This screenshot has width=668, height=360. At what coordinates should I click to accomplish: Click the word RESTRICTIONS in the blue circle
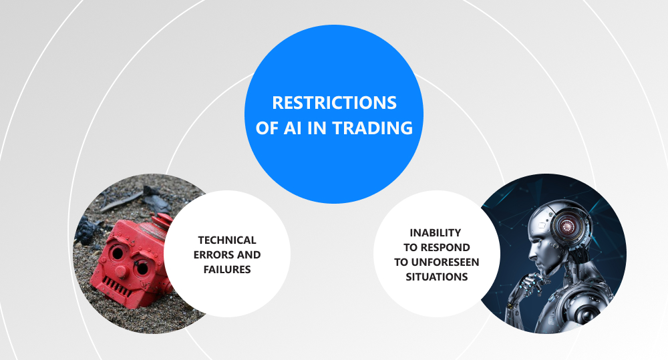click(335, 103)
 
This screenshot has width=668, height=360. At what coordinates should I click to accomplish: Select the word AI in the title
click(292, 128)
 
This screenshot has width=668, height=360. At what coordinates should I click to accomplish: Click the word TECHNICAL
click(227, 240)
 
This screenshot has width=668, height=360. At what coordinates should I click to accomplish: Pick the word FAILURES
click(227, 270)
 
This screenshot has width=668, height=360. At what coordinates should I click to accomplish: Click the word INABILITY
click(436, 232)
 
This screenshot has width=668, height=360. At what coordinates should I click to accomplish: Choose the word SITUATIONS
click(437, 277)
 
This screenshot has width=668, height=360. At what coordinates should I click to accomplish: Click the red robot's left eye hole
click(116, 254)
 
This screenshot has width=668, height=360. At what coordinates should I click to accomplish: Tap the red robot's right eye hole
click(142, 268)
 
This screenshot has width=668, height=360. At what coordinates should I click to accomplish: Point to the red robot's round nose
click(122, 271)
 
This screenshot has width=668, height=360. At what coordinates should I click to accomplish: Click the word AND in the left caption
click(248, 254)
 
